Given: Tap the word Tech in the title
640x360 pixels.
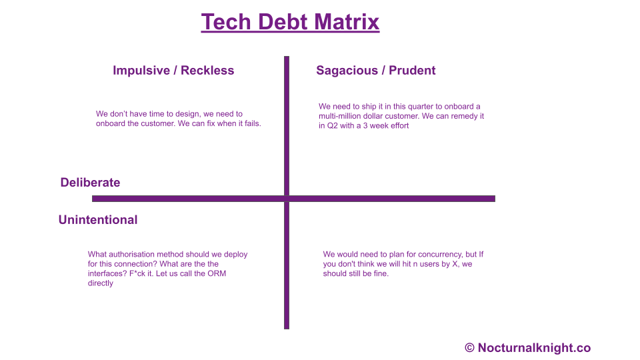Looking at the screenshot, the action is (x=226, y=21).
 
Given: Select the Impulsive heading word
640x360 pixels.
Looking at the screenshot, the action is (x=141, y=71).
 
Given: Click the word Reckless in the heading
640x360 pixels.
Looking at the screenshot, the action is (x=207, y=70).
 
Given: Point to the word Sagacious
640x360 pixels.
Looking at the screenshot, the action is (x=347, y=71).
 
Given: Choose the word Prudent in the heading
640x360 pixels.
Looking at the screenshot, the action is (x=412, y=70).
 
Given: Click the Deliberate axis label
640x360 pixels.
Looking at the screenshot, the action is (x=90, y=183).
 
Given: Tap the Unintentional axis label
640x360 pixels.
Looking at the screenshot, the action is (x=98, y=219).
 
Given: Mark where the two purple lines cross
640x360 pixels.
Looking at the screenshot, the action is (x=287, y=199).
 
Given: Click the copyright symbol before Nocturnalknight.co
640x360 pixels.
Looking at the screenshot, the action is (x=470, y=348).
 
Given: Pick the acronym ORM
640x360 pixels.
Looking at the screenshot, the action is (x=217, y=273).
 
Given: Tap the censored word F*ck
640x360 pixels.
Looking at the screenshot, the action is (x=139, y=273).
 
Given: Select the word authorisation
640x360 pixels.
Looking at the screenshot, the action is (x=132, y=254).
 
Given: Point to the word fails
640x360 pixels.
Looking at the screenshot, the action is (x=253, y=123).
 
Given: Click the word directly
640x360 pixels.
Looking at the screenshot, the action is (x=101, y=283).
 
